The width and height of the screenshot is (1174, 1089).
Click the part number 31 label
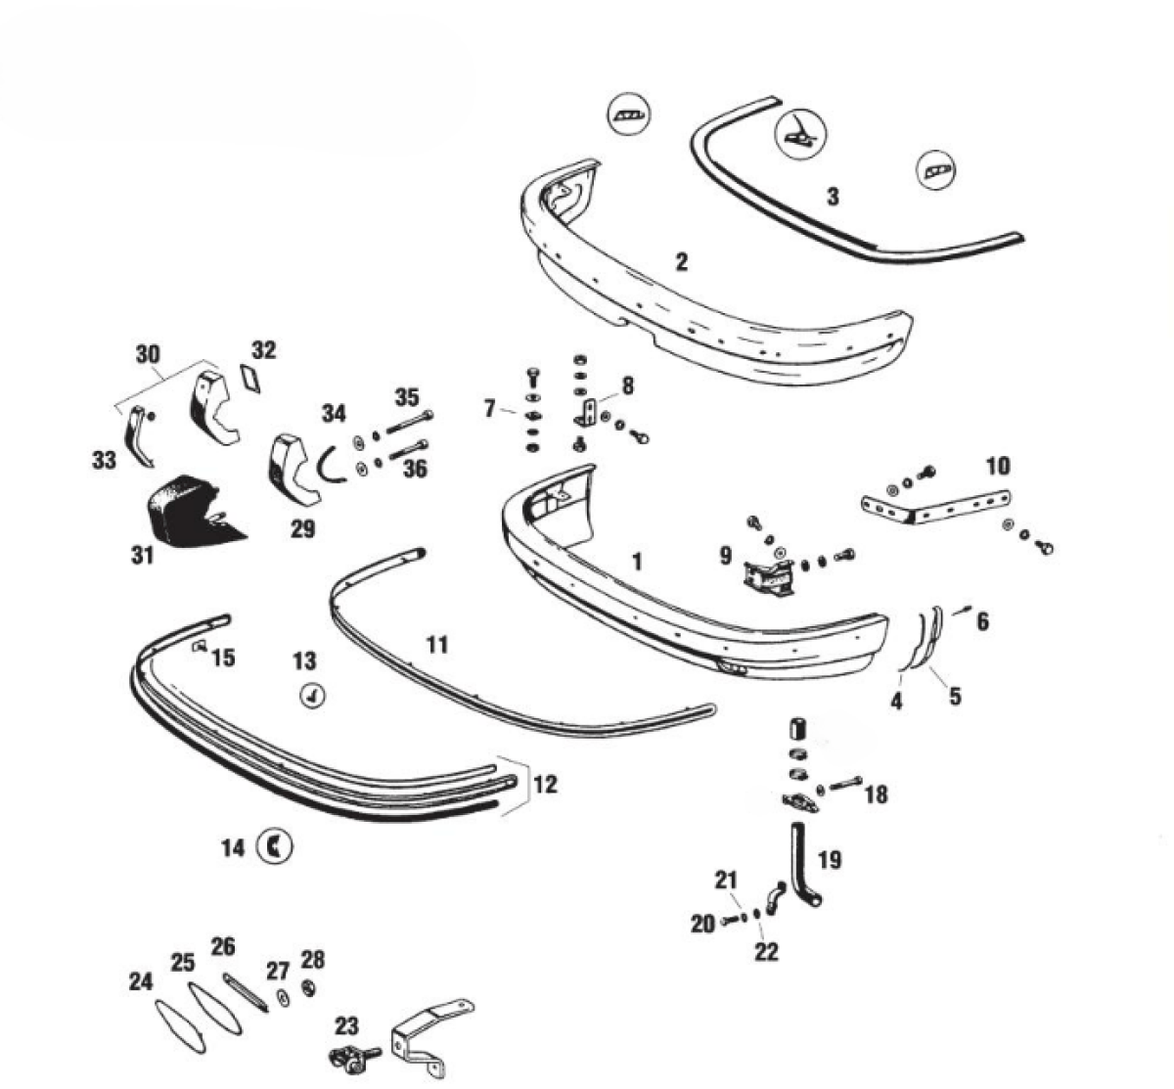pyautogui.click(x=143, y=555)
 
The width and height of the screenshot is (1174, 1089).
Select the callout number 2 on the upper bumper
pyautogui.click(x=682, y=261)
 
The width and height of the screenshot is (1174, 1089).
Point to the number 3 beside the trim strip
pyautogui.click(x=833, y=197)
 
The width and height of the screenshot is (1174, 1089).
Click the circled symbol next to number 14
pyautogui.click(x=275, y=846)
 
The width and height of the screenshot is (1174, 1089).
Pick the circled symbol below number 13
pyautogui.click(x=312, y=696)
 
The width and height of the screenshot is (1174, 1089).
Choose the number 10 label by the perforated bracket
pyautogui.click(x=998, y=466)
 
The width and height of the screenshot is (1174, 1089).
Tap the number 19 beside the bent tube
pyautogui.click(x=830, y=860)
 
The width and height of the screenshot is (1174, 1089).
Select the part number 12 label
pyautogui.click(x=546, y=784)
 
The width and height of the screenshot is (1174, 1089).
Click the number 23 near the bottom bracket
pyautogui.click(x=347, y=1026)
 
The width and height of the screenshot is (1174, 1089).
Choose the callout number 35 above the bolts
pyautogui.click(x=407, y=397)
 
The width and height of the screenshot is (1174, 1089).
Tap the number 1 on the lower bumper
pyautogui.click(x=638, y=562)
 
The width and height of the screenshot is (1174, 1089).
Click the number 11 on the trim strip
pyautogui.click(x=436, y=644)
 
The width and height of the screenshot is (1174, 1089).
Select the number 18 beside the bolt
pyautogui.click(x=876, y=794)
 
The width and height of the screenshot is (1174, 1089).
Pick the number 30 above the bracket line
pyautogui.click(x=148, y=354)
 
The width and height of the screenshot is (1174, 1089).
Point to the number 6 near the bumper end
pyautogui.click(x=982, y=620)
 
